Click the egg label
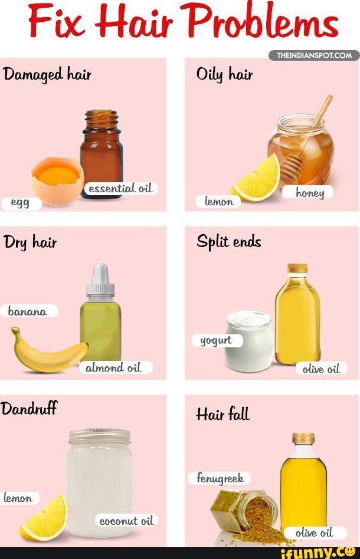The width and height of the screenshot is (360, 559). pyautogui.click(x=21, y=203)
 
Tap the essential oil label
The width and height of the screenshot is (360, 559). pyautogui.click(x=120, y=189)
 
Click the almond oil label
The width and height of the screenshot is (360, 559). pyautogui.click(x=114, y=368)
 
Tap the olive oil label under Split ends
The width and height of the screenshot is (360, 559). pyautogui.click(x=321, y=369)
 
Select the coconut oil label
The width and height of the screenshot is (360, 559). pyautogui.click(x=126, y=521)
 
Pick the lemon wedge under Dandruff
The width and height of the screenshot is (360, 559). pyautogui.click(x=45, y=518)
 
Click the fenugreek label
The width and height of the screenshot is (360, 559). pyautogui.click(x=220, y=478)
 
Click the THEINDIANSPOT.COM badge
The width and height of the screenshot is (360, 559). pyautogui.click(x=314, y=55)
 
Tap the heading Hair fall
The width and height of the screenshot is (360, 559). pyautogui.click(x=222, y=415)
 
